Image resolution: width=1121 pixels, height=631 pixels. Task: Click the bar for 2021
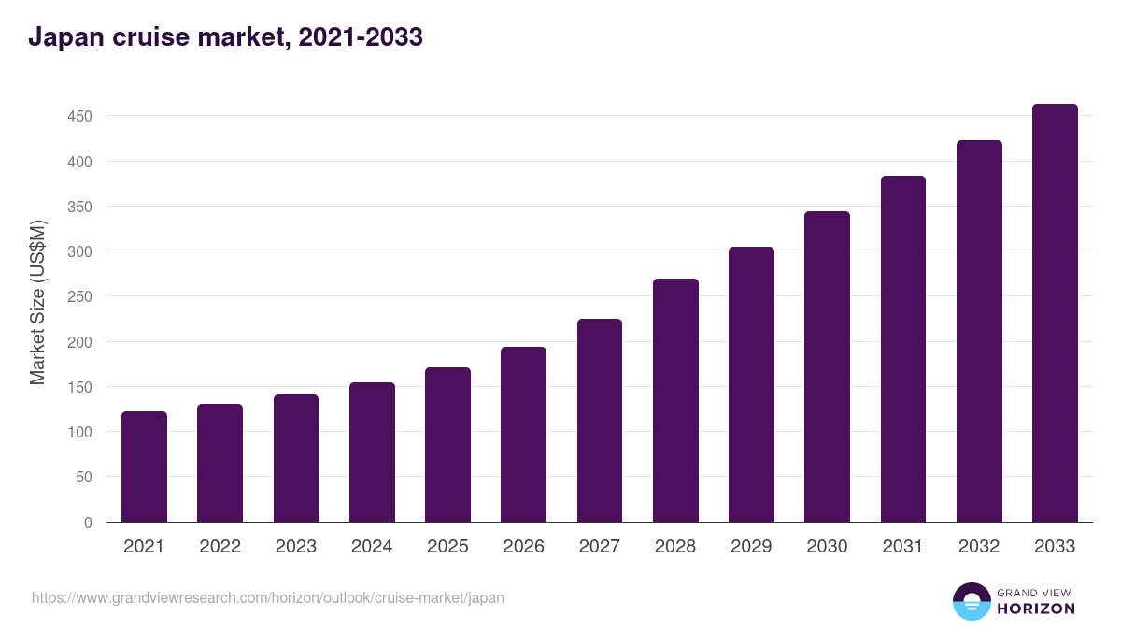[144, 466]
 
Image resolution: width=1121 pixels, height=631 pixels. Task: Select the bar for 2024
[372, 452]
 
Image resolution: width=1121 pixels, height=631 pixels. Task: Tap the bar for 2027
[600, 421]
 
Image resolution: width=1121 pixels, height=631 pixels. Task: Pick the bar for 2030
[827, 366]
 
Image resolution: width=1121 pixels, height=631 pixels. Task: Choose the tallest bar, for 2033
[1055, 313]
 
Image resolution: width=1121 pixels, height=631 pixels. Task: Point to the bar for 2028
[675, 400]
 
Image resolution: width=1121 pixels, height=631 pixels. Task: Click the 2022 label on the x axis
[220, 547]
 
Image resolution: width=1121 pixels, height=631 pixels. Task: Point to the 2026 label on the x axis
[523, 547]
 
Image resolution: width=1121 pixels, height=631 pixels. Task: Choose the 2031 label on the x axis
[902, 547]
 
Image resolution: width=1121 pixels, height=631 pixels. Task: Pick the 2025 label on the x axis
[447, 547]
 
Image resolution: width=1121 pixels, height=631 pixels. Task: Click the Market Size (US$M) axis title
[37, 303]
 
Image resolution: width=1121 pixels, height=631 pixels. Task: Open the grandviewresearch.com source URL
[268, 597]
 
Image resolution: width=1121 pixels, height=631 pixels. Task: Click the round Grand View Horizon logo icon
[971, 602]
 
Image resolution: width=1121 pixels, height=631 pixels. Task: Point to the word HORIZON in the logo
[1036, 609]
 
